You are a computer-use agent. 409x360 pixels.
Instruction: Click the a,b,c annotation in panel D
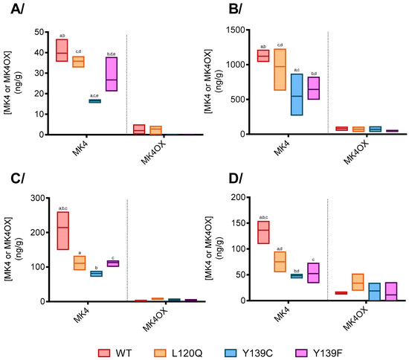coord(264,217)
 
